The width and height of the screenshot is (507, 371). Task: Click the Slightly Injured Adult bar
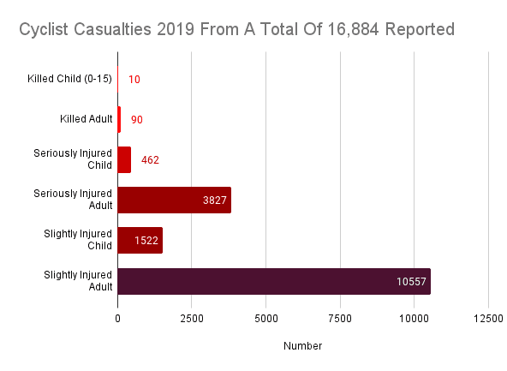[x=274, y=281]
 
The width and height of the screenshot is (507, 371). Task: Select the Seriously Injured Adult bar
[x=175, y=200]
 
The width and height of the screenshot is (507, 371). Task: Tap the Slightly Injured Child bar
[x=140, y=240]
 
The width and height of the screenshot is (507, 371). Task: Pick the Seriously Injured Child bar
[x=124, y=159]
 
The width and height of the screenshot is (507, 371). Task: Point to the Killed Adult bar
[x=119, y=119]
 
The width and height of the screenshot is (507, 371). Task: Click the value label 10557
[x=411, y=282]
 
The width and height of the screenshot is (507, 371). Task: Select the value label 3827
[x=215, y=200]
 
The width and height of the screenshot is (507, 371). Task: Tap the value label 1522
[x=146, y=241]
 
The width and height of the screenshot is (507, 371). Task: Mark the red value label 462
[x=150, y=160]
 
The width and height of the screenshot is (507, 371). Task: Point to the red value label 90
[x=137, y=120]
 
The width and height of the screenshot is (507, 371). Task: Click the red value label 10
[x=134, y=80]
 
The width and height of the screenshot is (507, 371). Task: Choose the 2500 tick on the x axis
[x=192, y=319]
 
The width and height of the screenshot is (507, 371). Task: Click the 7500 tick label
[x=340, y=319]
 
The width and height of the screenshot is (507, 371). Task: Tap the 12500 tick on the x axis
[x=488, y=319]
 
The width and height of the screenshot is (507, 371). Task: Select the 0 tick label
[x=117, y=319]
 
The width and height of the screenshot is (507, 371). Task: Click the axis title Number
[x=302, y=346]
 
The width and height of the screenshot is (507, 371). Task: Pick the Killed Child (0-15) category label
[x=70, y=79]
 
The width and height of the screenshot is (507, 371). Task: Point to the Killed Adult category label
[x=86, y=119]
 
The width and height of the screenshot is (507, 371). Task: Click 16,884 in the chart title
[x=353, y=29]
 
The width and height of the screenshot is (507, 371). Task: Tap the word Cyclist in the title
[x=44, y=30]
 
